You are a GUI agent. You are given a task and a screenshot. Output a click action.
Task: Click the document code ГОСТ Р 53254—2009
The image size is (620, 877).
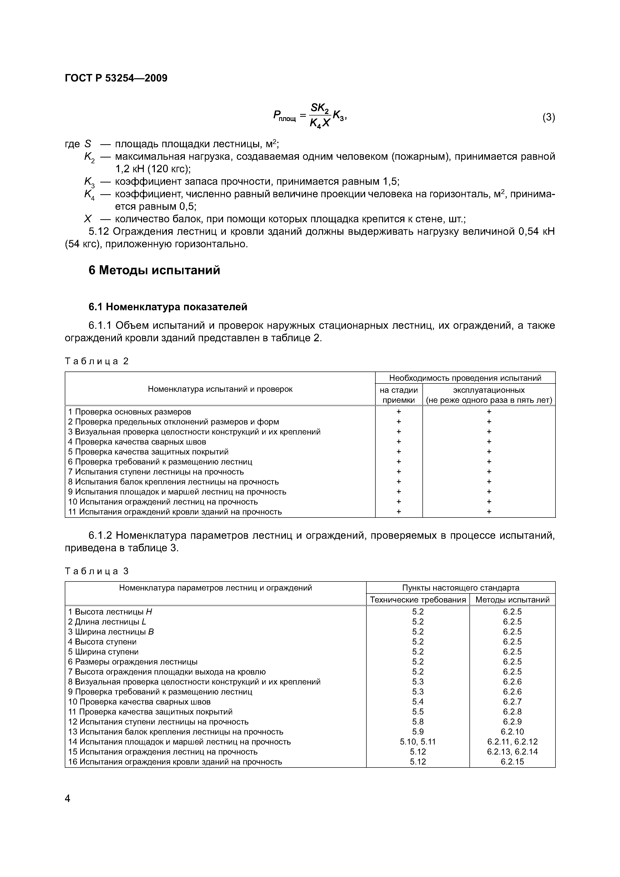point(116,78)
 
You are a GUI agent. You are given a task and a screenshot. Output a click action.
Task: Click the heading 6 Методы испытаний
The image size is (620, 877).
point(154,270)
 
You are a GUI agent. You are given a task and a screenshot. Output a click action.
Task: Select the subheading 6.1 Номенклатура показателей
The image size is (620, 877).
point(168,307)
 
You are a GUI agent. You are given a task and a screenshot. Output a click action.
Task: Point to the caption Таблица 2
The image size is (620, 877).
point(97,361)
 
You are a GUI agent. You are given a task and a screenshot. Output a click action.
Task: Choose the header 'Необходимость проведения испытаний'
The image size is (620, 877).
point(465,378)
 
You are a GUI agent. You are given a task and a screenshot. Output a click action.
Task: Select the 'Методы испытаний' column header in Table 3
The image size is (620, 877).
point(512,600)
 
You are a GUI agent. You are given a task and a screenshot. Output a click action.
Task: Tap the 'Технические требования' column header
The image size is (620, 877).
point(418,600)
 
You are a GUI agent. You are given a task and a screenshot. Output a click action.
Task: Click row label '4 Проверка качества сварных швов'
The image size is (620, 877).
point(137,442)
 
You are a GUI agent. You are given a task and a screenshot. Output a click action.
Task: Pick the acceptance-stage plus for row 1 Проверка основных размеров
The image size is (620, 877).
point(399,412)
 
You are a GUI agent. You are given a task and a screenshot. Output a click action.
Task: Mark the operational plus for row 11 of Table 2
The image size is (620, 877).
point(489,512)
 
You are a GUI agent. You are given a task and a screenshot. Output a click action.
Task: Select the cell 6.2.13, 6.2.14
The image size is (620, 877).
point(512,752)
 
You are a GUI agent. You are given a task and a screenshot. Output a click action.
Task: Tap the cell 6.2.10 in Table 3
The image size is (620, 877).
point(512,732)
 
